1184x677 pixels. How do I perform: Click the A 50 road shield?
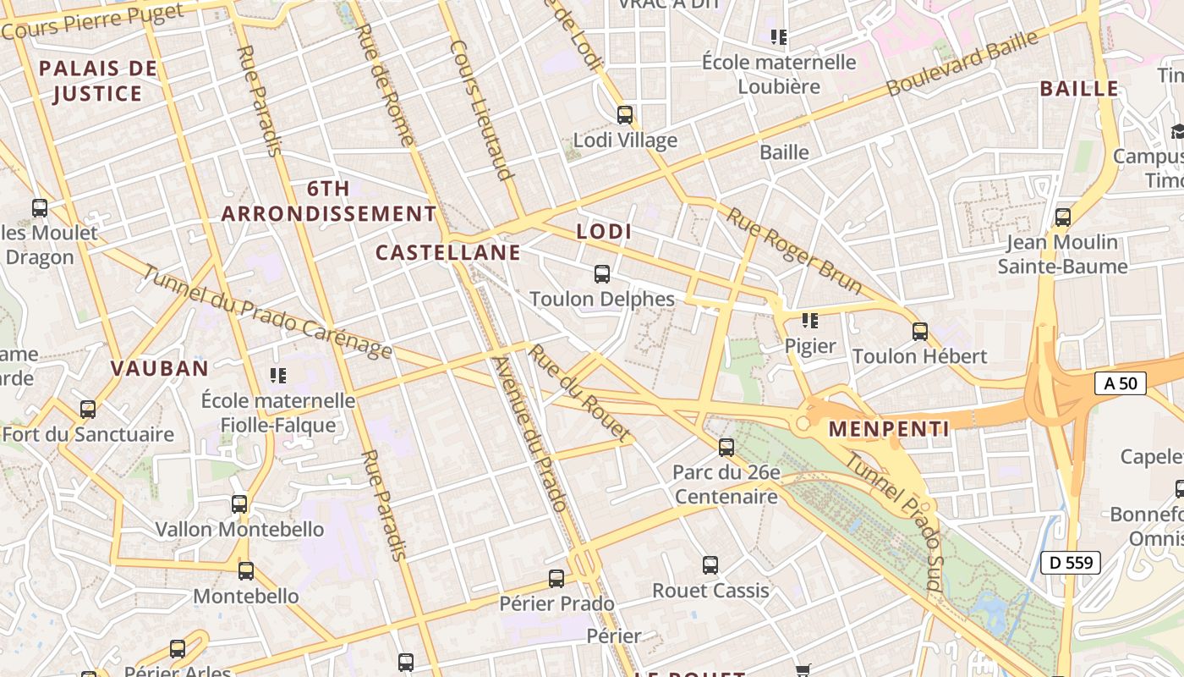pyautogui.click(x=1121, y=383)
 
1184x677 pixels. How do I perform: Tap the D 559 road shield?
pyautogui.click(x=1071, y=562)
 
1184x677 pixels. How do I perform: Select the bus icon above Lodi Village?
pyautogui.click(x=625, y=114)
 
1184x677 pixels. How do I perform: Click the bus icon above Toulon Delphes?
pyautogui.click(x=602, y=273)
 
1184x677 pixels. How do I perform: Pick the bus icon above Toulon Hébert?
pyautogui.click(x=920, y=331)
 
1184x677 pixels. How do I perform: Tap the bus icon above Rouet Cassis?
pyautogui.click(x=710, y=564)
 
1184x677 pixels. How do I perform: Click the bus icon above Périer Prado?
pyautogui.click(x=556, y=578)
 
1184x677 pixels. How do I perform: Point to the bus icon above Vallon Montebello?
pyautogui.click(x=239, y=504)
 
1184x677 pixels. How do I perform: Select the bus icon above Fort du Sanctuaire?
pyautogui.click(x=88, y=410)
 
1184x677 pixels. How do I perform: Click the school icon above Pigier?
pyautogui.click(x=810, y=320)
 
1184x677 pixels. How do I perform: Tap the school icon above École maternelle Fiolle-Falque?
pyautogui.click(x=278, y=374)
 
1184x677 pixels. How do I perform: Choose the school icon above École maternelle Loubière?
pyautogui.click(x=779, y=36)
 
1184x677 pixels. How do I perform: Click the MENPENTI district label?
pyautogui.click(x=889, y=429)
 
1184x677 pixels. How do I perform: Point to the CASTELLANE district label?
pyautogui.click(x=448, y=252)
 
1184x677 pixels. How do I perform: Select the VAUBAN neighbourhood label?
pyautogui.click(x=160, y=368)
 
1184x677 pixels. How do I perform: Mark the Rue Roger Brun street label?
pyautogui.click(x=794, y=251)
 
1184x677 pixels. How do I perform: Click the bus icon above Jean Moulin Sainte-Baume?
pyautogui.click(x=1063, y=217)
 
